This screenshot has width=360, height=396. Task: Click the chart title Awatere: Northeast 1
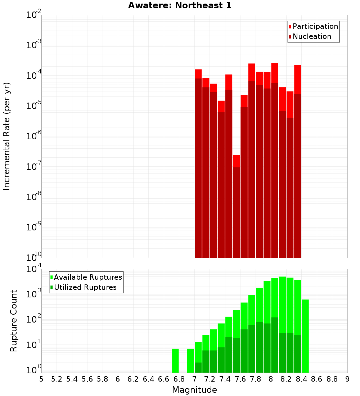point(180,5)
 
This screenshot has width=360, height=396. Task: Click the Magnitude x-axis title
point(194,390)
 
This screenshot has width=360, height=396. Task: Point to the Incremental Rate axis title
point(6,136)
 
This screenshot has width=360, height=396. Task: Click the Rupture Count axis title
point(14,320)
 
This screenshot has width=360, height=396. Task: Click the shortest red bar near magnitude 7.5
point(236,205)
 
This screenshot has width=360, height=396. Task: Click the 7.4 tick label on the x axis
point(225,379)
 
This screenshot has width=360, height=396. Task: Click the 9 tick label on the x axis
point(347,379)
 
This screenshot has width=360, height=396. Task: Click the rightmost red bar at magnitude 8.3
point(298,162)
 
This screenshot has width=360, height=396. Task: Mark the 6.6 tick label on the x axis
point(164,379)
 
